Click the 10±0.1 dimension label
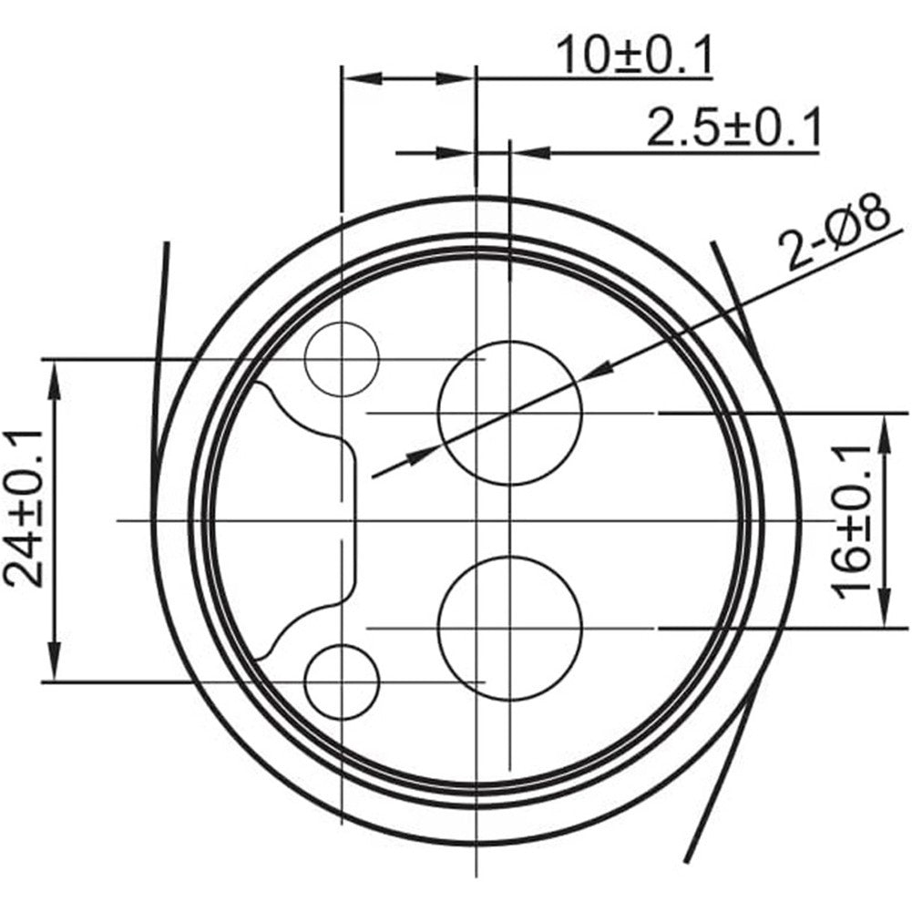pos(634,56)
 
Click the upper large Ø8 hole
pos(509,413)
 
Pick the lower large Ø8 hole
pos(509,629)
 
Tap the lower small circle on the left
pos(342,681)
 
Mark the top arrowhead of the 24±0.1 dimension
pos(56,375)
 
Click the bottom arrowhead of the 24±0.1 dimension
pos(56,665)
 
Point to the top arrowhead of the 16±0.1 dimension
pos(885,430)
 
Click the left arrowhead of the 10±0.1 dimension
pos(359,79)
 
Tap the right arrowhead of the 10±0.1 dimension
pos(456,79)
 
